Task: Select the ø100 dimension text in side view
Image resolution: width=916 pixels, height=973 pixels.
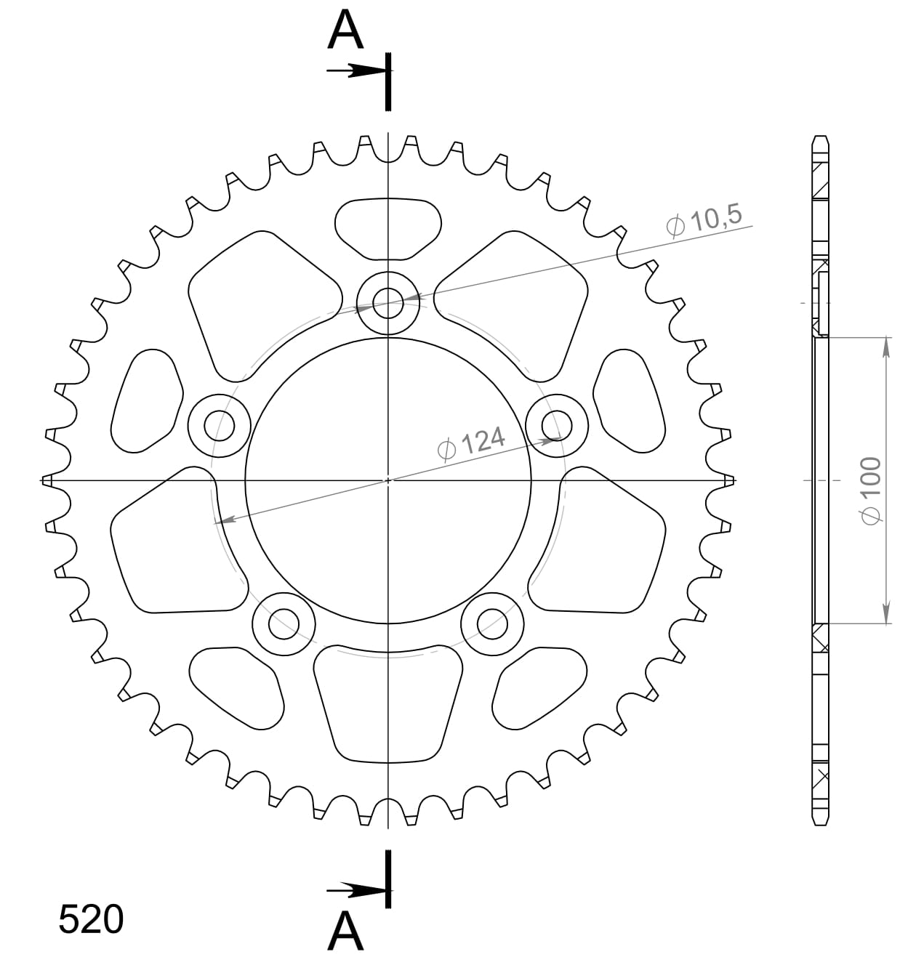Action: click(x=870, y=490)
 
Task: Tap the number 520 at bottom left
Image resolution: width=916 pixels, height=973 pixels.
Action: click(x=91, y=920)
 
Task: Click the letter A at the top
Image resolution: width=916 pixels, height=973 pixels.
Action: click(x=345, y=31)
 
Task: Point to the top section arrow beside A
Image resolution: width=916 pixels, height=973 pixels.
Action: click(x=355, y=70)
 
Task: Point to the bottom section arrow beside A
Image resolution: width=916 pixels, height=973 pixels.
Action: click(x=355, y=889)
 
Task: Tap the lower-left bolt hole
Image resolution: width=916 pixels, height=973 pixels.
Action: click(x=284, y=623)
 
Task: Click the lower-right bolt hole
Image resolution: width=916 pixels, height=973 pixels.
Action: click(x=492, y=623)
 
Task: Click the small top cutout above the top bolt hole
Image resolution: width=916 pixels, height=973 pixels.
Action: click(x=388, y=227)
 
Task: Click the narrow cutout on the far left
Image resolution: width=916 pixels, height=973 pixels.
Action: click(x=148, y=400)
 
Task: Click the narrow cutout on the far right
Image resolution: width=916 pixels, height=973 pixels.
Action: click(x=629, y=400)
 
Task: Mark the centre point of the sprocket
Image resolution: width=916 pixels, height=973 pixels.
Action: click(x=388, y=480)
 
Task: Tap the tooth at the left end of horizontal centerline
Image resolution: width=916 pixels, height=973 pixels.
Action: click(x=48, y=480)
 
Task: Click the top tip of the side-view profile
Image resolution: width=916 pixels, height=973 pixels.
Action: click(x=819, y=137)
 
